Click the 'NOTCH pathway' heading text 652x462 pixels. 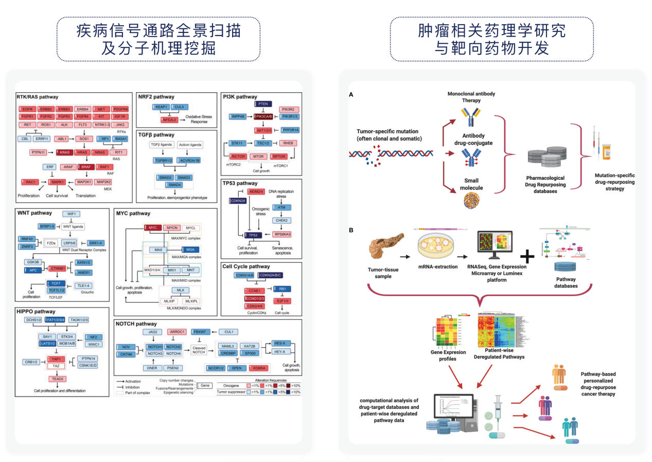tap(136, 324)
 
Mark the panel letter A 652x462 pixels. tap(351, 95)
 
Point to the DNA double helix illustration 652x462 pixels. tap(391, 153)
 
